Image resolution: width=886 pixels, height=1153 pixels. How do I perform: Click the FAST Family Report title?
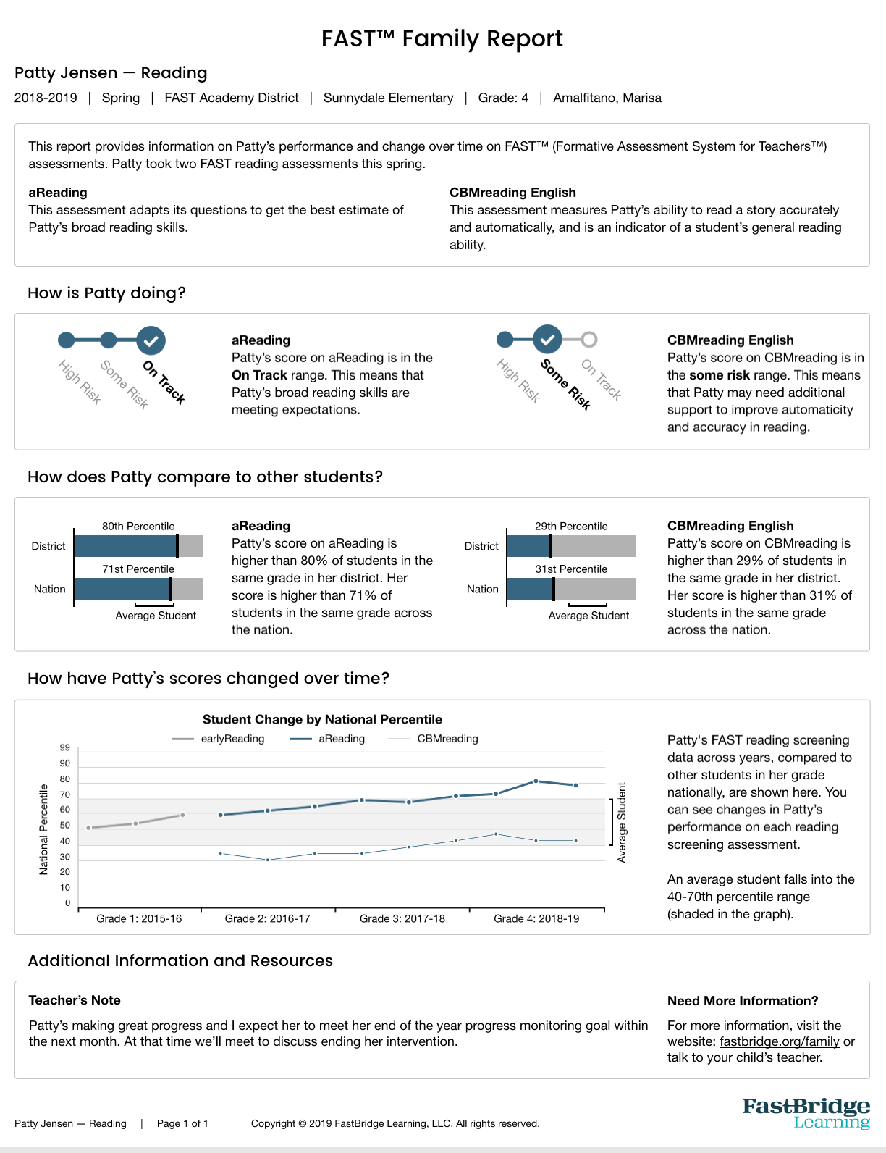pos(442,38)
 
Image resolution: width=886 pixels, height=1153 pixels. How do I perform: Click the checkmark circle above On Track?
pos(151,340)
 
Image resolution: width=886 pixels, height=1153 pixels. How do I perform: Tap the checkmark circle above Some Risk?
pos(547,339)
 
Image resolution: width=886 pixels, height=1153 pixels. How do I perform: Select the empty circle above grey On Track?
pos(589,339)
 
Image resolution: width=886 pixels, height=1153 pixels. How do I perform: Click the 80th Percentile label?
pos(138,527)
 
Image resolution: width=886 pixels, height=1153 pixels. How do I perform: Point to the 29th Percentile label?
pos(571,527)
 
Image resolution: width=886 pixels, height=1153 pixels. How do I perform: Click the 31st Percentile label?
pos(571,569)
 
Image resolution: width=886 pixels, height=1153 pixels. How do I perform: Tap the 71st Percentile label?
pos(138,569)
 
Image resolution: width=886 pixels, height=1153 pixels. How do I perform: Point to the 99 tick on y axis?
pos(65,747)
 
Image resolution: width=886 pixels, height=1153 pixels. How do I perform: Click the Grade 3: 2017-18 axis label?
pos(402,918)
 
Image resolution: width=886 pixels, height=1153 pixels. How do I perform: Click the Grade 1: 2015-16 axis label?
pos(139,918)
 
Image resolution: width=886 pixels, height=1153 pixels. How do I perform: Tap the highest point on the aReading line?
pos(536,781)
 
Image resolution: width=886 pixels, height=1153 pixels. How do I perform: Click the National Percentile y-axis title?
pos(43,829)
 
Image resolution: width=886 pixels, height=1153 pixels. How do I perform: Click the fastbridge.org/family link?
pos(780,1041)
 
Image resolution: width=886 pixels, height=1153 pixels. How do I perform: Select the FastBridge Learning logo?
pos(806,1113)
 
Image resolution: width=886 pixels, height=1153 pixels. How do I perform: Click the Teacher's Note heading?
pos(75,1000)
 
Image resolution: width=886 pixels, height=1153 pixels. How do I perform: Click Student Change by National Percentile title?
pos(322,719)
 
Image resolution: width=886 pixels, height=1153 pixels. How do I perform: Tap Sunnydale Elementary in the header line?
pos(388,98)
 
